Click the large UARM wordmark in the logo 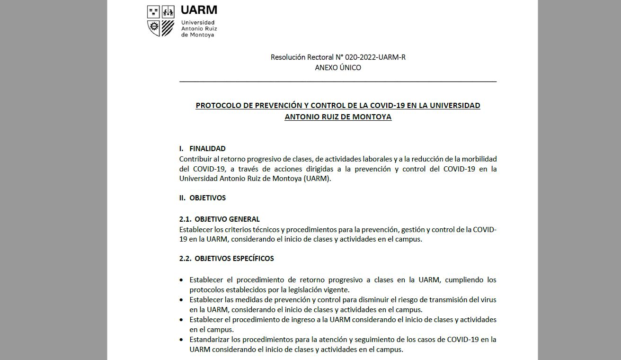[199, 10]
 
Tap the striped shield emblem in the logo [168, 28]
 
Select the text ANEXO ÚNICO [338, 68]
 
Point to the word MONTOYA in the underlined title [372, 117]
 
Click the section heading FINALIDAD [207, 149]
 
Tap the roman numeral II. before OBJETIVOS [182, 198]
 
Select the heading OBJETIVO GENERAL [227, 219]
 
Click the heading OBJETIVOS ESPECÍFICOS [234, 259]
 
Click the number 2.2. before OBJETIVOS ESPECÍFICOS [186, 259]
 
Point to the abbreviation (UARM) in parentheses [317, 179]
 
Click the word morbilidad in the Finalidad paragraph [479, 159]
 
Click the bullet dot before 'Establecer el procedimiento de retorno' [181, 280]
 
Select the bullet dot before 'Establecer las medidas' [181, 300]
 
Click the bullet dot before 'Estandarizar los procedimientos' [181, 340]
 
